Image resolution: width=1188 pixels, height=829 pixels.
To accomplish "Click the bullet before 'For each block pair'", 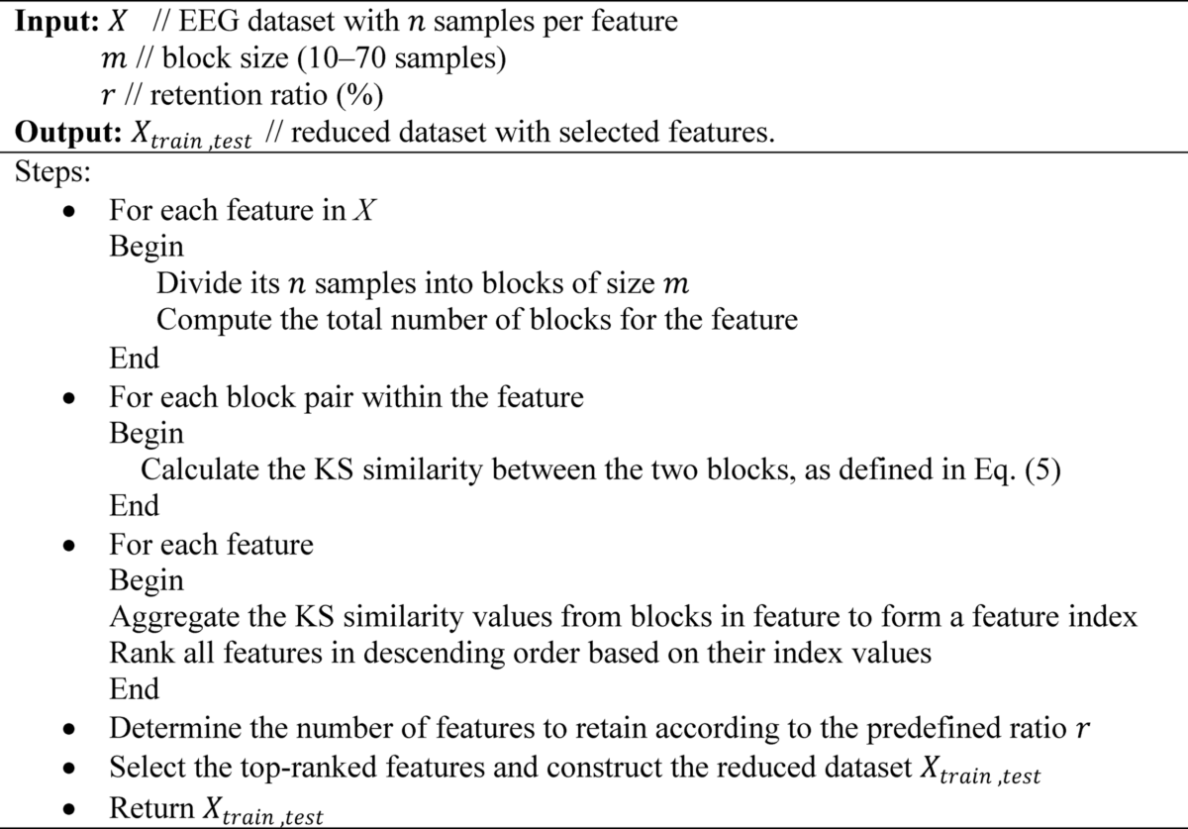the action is [68, 399].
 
